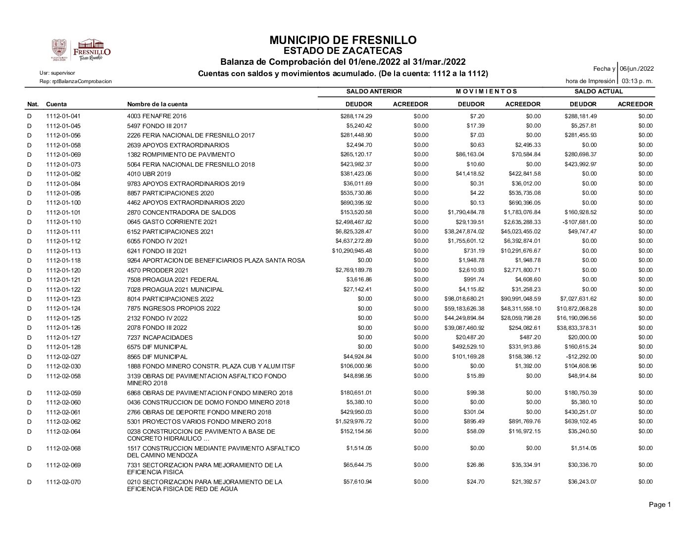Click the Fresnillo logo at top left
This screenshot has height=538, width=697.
tap(81, 50)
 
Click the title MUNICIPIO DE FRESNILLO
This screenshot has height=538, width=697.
tap(343, 40)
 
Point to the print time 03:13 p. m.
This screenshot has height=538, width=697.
tap(637, 81)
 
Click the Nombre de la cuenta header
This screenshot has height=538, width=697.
tap(157, 104)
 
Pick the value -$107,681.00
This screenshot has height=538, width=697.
tap(580, 222)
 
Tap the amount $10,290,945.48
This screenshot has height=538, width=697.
tap(352, 251)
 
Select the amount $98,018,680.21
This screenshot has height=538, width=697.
tap(464, 299)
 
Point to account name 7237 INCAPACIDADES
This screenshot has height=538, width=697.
tap(160, 338)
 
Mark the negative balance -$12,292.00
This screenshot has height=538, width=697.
tap(582, 357)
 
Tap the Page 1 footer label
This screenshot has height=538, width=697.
tap(659, 505)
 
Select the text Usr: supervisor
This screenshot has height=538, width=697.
tap(57, 73)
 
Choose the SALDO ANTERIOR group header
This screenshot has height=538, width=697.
tap(374, 91)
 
